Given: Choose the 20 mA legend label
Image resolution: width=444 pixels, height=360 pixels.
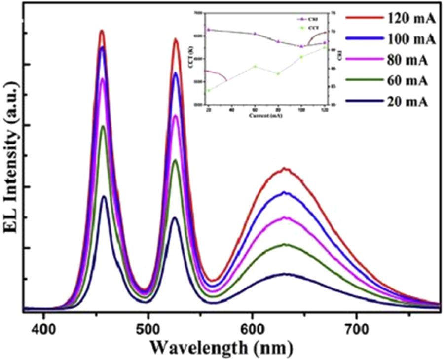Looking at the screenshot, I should point(407,101).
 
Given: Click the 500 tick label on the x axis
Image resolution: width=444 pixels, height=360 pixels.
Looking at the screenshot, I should point(148,327).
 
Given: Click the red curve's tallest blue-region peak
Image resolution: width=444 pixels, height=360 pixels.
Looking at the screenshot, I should point(102,31).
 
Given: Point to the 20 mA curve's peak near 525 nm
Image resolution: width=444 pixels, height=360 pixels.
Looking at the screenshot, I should point(174,217).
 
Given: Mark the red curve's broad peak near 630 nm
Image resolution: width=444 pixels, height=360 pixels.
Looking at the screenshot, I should point(285,169).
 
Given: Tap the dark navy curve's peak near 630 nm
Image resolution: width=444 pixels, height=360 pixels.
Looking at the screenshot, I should point(285,274).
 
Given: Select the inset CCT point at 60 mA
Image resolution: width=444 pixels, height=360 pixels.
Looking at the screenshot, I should point(255,66).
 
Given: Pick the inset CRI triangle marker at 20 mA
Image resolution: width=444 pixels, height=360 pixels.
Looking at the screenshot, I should point(209,30).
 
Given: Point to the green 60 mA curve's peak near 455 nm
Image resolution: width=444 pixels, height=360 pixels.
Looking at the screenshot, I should point(103,126).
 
